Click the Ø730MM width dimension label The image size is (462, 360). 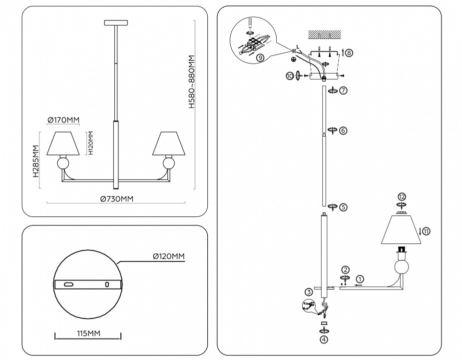pyautogui.click(x=117, y=198)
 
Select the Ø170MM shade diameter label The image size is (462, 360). pyautogui.click(x=64, y=120)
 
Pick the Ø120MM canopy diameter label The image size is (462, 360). pyautogui.click(x=168, y=256)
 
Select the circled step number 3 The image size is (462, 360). pyautogui.click(x=309, y=292)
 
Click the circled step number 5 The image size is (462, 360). pyautogui.click(x=343, y=206)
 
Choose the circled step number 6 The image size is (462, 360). pyautogui.click(x=343, y=130)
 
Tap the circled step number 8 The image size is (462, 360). pyautogui.click(x=349, y=52)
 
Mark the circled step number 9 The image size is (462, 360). pyautogui.click(x=260, y=57)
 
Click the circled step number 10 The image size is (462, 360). pyautogui.click(x=290, y=75)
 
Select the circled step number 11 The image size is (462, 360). pyautogui.click(x=426, y=230)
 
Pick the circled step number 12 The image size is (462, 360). pyautogui.click(x=401, y=196)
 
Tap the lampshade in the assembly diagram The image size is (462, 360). pyautogui.click(x=399, y=230)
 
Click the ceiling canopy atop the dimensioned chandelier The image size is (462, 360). pyautogui.click(x=116, y=22)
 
